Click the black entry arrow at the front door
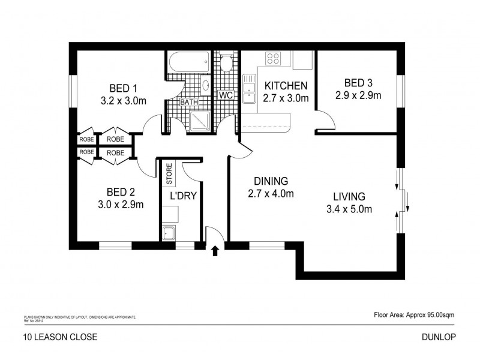[x=214, y=251]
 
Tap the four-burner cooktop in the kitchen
[x=273, y=59]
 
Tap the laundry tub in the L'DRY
[x=168, y=234]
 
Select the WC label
[x=226, y=95]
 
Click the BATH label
[x=190, y=103]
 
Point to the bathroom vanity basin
[x=205, y=85]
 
